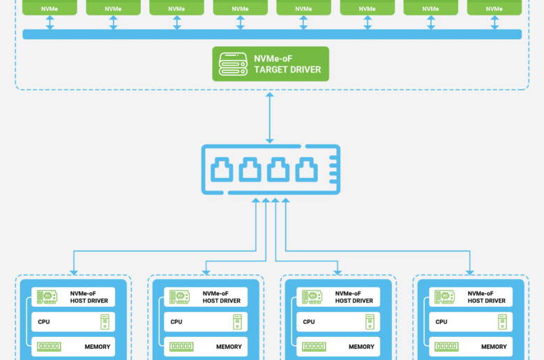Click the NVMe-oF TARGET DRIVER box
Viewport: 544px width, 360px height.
click(271, 64)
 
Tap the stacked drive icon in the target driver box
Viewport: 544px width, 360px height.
click(233, 64)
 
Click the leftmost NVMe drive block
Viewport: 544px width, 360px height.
click(50, 7)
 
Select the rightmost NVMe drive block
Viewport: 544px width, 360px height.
click(494, 7)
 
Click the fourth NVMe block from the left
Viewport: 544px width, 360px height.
click(240, 7)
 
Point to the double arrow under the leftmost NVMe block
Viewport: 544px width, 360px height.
click(50, 22)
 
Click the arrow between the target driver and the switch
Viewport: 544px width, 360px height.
click(270, 118)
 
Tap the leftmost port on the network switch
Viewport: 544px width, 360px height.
click(222, 170)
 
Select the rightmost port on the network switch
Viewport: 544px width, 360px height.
click(306, 170)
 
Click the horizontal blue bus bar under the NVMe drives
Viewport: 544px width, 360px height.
click(272, 34)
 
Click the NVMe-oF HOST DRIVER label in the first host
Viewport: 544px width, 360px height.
click(89, 297)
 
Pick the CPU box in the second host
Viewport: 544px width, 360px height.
click(206, 322)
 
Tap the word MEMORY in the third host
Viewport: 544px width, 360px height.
click(361, 347)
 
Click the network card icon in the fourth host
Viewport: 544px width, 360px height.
click(444, 297)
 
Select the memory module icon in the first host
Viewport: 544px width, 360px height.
click(49, 347)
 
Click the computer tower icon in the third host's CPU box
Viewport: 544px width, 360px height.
click(370, 322)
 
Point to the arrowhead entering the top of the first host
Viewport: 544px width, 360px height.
click(73, 273)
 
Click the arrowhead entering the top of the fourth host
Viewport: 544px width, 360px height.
click(470, 273)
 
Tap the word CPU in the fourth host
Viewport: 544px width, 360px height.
click(441, 322)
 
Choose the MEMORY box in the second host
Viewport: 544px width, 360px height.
click(206, 347)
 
